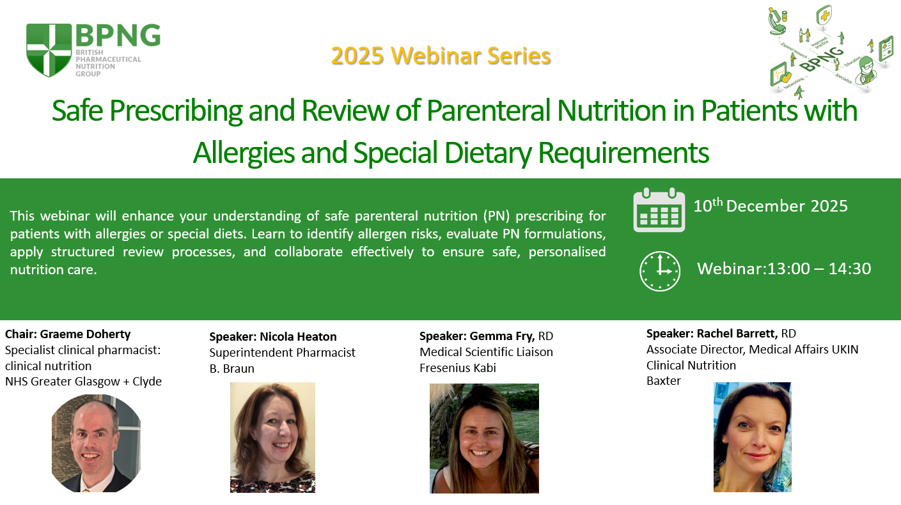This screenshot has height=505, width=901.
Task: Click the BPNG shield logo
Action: pos(49,50)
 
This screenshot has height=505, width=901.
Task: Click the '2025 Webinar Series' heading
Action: pos(441,56)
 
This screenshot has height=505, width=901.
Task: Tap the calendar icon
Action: pos(659,210)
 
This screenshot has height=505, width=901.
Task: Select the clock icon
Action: pos(660,271)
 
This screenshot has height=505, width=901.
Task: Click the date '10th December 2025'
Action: pos(771,205)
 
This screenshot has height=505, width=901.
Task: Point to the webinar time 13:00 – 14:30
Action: pos(819,268)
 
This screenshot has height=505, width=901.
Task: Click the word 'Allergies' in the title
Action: pos(244,153)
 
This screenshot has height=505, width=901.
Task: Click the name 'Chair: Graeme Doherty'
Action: pos(68,334)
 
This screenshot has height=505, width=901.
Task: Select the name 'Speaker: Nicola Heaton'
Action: pos(272,336)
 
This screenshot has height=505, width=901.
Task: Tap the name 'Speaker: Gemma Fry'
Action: pos(477,336)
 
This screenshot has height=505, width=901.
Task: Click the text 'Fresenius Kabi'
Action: pos(458,368)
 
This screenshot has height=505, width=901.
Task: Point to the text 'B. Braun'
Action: pos(231,369)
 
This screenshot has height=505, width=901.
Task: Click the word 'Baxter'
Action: pos(664,381)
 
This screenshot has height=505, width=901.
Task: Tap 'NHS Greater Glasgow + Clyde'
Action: pos(83,381)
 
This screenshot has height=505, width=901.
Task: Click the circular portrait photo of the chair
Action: pos(96,443)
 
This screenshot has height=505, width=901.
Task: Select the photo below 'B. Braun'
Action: pos(272,437)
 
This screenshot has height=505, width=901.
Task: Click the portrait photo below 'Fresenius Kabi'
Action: pos(484,439)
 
